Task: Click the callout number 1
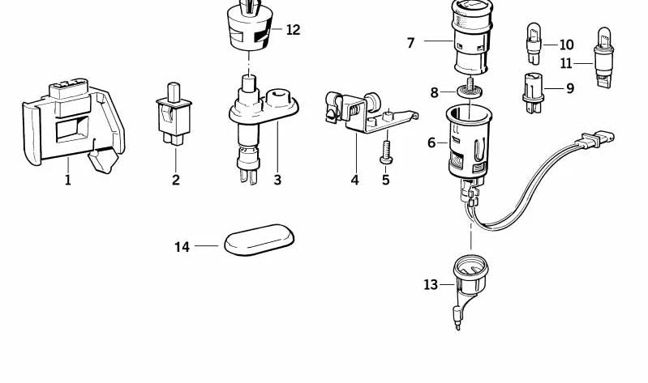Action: (x=68, y=180)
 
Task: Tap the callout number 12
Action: (x=293, y=30)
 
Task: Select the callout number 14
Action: (x=182, y=247)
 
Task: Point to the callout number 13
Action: (x=431, y=285)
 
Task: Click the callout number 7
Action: (x=410, y=43)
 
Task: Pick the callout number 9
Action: (x=570, y=88)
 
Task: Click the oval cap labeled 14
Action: (x=259, y=240)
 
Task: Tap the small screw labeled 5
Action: (x=384, y=152)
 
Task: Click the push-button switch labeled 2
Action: (x=174, y=113)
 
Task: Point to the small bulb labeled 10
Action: (x=534, y=44)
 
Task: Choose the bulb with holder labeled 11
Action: (x=603, y=57)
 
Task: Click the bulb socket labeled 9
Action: (x=533, y=92)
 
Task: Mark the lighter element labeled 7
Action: (x=472, y=37)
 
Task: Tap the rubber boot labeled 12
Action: (x=249, y=25)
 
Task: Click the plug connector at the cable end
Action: (x=595, y=138)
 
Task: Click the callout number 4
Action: (x=354, y=180)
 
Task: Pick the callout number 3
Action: (x=277, y=180)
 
